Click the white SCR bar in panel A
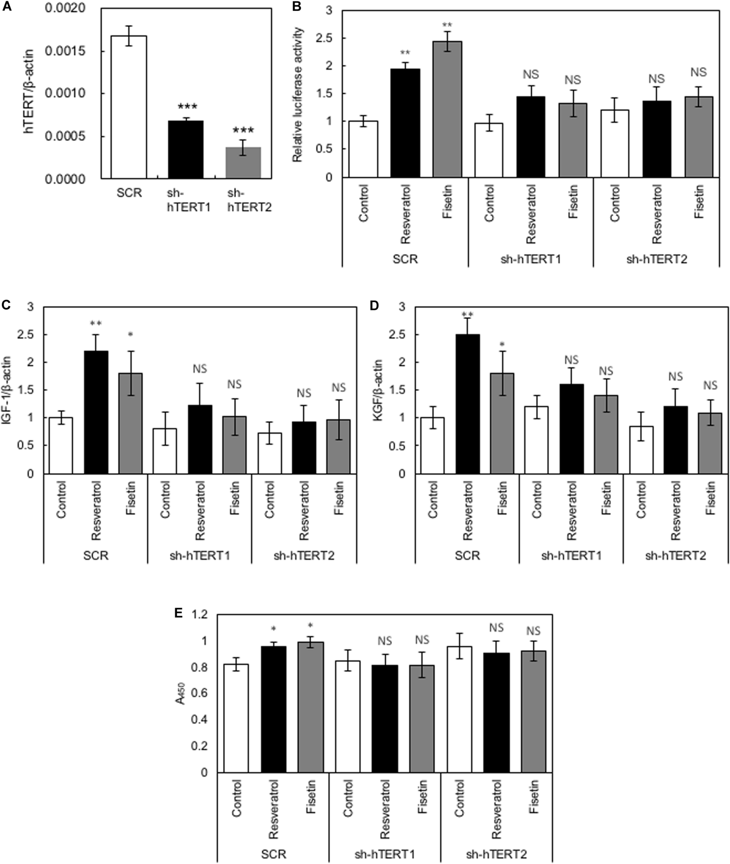129,107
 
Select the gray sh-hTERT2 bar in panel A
243,163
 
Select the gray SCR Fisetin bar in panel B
447,110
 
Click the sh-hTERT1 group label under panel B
531,260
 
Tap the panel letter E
178,613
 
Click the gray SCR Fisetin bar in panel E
311,707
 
